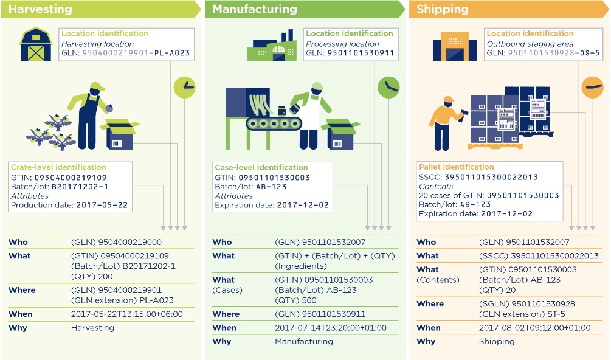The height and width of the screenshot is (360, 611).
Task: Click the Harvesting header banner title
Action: click(x=40, y=9)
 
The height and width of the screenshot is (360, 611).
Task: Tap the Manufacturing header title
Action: click(x=255, y=9)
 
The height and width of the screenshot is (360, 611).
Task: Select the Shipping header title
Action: click(x=442, y=9)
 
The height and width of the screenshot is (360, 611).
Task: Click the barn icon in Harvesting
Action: click(x=36, y=44)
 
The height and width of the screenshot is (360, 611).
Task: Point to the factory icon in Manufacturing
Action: click(x=271, y=46)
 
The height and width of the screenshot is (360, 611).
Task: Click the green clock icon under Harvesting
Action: click(x=184, y=88)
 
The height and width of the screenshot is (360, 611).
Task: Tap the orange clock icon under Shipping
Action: click(x=592, y=87)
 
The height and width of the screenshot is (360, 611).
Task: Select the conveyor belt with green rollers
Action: click(x=274, y=123)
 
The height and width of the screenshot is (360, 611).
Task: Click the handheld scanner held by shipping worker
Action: click(x=464, y=116)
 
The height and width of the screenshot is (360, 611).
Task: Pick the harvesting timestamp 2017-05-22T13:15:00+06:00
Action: click(x=126, y=314)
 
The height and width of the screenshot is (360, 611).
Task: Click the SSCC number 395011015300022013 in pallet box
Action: click(x=491, y=178)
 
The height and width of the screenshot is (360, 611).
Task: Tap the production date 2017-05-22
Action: click(x=102, y=205)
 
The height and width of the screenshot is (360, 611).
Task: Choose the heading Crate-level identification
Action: click(x=58, y=167)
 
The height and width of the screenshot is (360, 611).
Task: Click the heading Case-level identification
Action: click(x=261, y=167)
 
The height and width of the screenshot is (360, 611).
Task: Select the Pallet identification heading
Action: click(x=457, y=167)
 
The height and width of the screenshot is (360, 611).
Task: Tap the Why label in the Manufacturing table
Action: click(x=222, y=342)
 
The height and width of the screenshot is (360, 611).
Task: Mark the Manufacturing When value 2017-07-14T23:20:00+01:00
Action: click(x=331, y=328)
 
